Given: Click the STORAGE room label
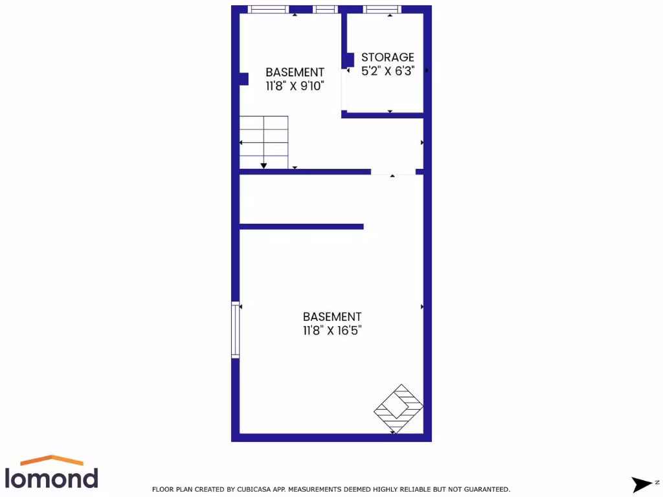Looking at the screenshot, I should (387, 58).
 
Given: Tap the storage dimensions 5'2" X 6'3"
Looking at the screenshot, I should (387, 71).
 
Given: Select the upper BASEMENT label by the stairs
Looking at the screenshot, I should (295, 72).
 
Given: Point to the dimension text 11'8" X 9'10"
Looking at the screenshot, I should (295, 86).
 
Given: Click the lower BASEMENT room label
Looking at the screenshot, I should (332, 316).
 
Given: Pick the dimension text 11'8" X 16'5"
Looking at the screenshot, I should (332, 331).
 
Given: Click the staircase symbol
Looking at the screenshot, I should (264, 142).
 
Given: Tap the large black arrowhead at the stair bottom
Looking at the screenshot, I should (264, 166).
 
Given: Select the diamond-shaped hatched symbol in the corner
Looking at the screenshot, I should (399, 409).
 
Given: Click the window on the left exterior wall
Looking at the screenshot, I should (236, 329).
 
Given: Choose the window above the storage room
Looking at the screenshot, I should (382, 9).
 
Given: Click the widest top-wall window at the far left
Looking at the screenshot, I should (269, 9).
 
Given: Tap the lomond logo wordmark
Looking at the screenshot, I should (52, 478).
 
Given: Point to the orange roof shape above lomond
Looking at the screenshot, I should (52, 460).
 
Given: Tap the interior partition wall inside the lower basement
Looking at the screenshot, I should (301, 226).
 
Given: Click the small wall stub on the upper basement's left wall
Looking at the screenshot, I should (243, 79).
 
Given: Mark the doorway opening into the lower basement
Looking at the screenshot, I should (393, 172).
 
